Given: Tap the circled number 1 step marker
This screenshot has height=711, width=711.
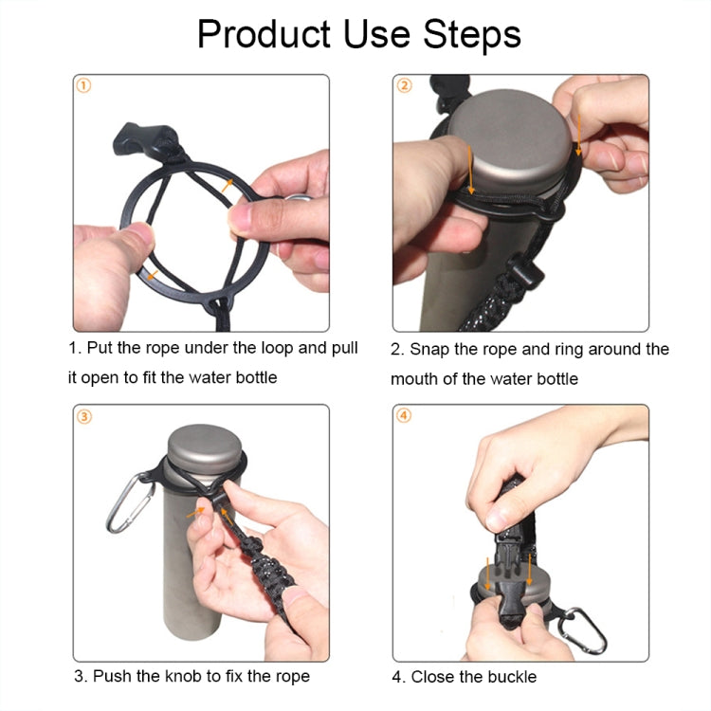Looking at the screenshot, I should coord(83,86).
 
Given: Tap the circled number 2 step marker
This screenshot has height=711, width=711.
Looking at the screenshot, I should coord(404,86).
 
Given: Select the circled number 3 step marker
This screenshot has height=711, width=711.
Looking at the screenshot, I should coord(83,415).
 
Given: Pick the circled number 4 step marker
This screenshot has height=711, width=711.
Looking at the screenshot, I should coord(404,415).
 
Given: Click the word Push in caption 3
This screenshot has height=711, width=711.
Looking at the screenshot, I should coord(112,677).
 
